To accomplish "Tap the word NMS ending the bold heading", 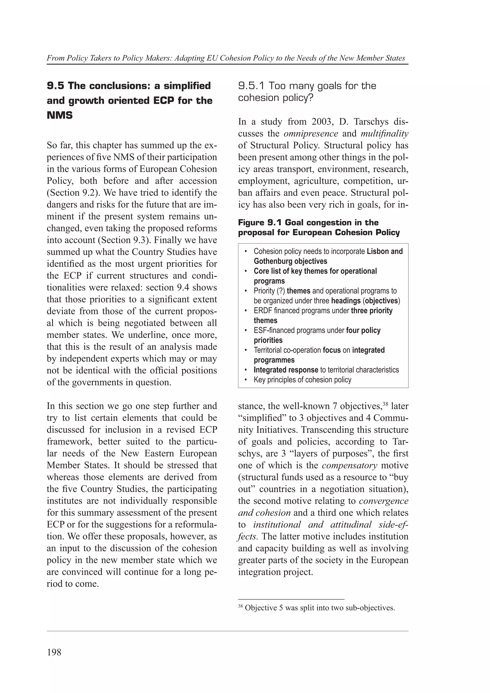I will pyautogui.click(x=60, y=115).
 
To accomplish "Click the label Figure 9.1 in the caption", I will pyautogui.click(x=260, y=223).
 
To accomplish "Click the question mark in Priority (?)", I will pyautogui.click(x=281, y=291).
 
